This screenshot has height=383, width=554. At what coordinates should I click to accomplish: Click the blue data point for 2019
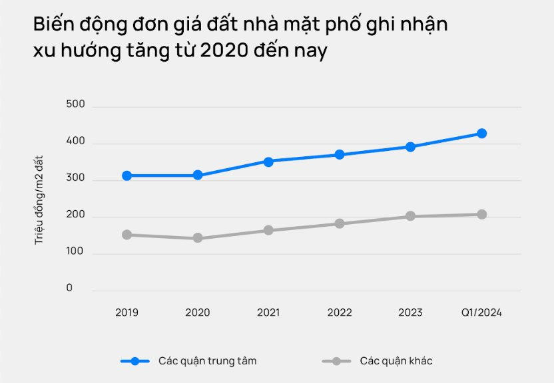pos(127,176)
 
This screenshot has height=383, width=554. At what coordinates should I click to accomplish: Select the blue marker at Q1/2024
pos(481,134)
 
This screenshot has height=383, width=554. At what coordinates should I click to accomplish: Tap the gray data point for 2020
pos(198,238)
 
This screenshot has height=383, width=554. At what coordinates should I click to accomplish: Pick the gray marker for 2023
pos(410,216)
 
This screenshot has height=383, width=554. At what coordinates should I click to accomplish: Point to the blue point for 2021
pos(268,162)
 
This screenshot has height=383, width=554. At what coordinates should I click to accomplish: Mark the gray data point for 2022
pos(340,223)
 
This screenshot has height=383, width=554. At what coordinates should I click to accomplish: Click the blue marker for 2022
pos(340,154)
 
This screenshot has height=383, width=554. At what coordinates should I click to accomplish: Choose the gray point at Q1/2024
pos(481,214)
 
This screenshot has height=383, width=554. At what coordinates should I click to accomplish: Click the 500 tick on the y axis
pos(76,104)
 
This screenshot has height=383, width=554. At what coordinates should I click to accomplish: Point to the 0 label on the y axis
pos(69,289)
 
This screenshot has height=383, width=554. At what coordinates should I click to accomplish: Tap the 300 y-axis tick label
pos(76,178)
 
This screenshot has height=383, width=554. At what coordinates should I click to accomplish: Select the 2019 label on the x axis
pos(127,313)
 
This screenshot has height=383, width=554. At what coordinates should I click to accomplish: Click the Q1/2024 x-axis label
pos(481,313)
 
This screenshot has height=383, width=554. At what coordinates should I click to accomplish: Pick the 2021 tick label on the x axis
pos(268,313)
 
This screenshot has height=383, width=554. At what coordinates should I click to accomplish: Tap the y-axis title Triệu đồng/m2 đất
pos(39,199)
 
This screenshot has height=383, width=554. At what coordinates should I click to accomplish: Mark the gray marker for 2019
pos(127,235)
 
